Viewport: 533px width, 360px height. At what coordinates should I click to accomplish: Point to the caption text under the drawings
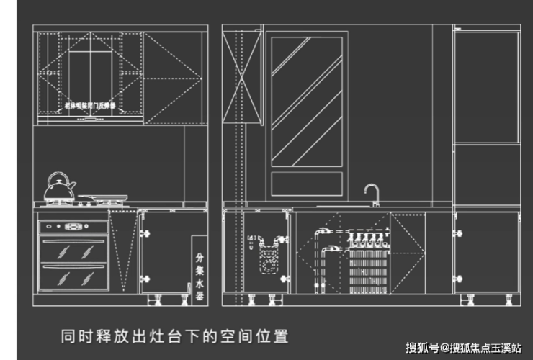click(x=174, y=336)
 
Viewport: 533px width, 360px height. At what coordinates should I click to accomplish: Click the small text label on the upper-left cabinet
click(x=90, y=105)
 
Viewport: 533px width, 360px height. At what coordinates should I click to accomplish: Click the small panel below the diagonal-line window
click(x=307, y=184)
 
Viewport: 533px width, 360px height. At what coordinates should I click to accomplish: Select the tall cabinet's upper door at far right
click(x=486, y=86)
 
